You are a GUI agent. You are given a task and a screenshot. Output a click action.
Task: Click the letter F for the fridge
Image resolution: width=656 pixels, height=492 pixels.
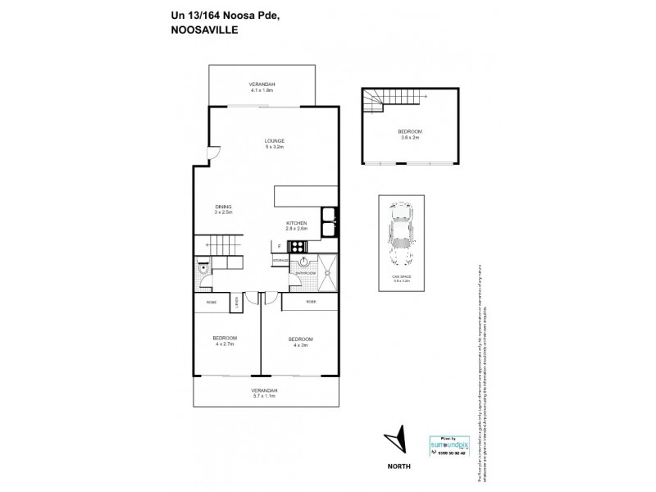279,246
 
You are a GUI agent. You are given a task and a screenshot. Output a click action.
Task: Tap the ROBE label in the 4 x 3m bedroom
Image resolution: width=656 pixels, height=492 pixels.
312,302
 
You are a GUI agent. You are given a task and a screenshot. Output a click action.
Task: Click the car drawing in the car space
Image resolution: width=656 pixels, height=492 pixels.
402,237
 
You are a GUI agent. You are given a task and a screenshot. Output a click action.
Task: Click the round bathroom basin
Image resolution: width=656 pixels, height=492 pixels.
303,262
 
